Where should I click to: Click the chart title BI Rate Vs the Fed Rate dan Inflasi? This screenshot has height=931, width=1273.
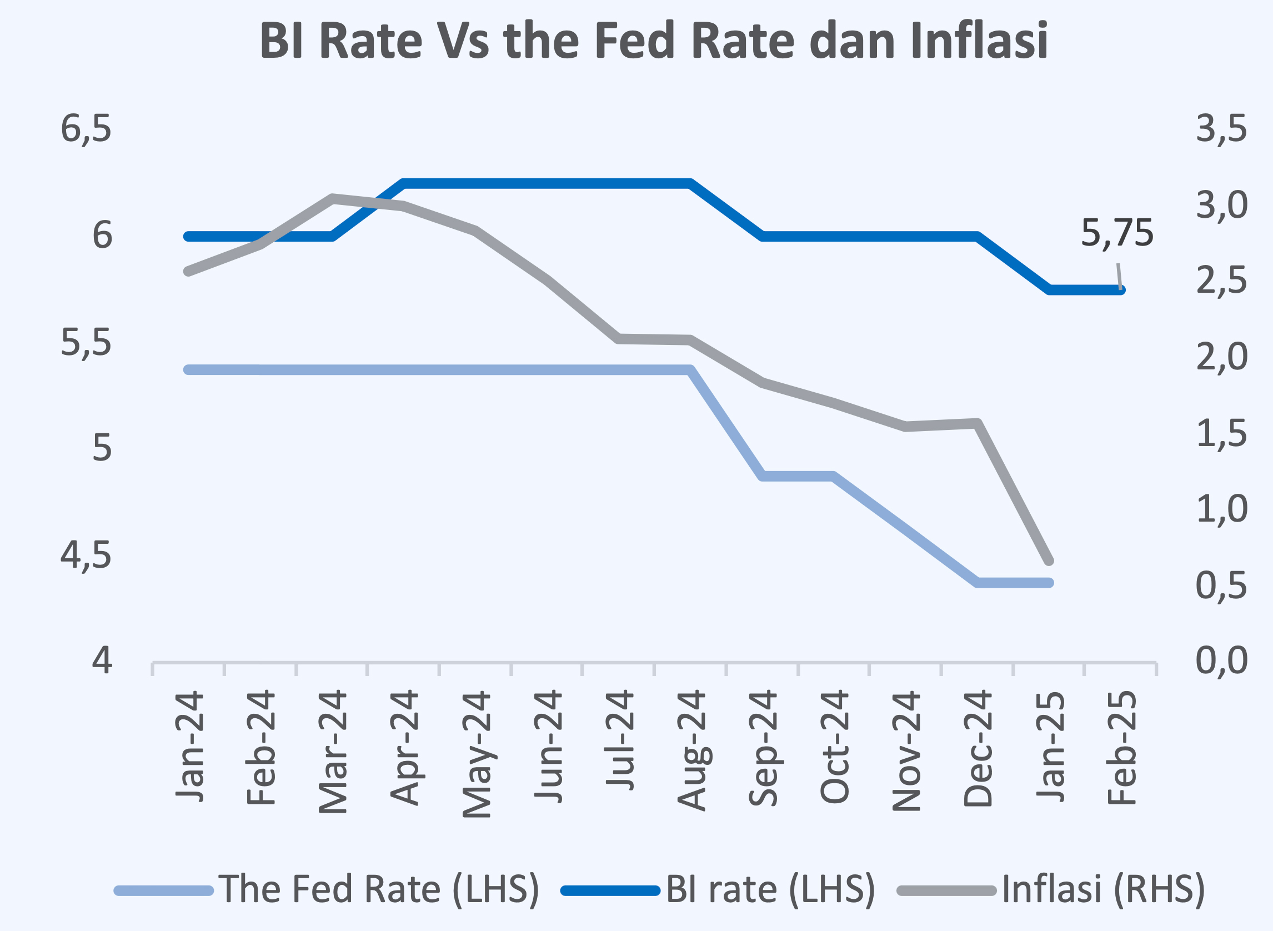click(654, 41)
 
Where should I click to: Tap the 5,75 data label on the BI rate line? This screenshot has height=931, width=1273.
click(1117, 233)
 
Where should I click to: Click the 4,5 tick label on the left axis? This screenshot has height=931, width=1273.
click(86, 555)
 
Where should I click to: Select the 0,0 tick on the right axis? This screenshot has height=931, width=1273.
click(1222, 660)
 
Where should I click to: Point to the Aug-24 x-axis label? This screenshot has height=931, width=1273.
click(691, 749)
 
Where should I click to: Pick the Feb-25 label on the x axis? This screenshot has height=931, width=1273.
click(1121, 747)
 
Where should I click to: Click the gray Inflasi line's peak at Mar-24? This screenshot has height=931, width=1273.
click(333, 198)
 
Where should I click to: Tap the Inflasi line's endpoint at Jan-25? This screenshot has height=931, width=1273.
click(1049, 561)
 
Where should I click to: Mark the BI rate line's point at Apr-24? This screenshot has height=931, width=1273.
click(404, 183)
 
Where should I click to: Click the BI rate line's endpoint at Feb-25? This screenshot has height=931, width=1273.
click(1120, 289)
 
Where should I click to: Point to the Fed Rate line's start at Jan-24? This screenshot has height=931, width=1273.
click(189, 370)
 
